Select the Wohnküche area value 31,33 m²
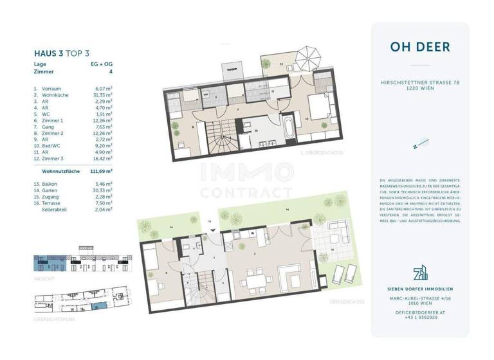click(x=103, y=94)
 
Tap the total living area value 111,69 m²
click(x=102, y=172)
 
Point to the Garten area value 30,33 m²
click(x=102, y=190)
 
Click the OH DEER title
click(x=420, y=47)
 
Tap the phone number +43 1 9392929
click(x=420, y=317)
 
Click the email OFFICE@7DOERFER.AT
click(x=420, y=312)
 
